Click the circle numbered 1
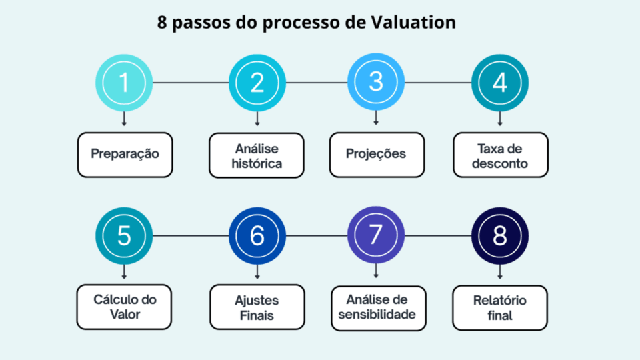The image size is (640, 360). click(124, 83)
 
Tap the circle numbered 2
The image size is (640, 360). click(257, 83)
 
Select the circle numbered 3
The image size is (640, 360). click(376, 83)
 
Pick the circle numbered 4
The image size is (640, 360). click(500, 83)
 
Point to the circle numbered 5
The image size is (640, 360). click(124, 236)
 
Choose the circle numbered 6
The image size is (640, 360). click(257, 236)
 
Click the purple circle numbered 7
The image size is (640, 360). click(376, 236)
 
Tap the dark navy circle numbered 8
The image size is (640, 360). click(500, 236)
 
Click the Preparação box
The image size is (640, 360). click(125, 154)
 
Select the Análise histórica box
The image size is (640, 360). click(257, 155)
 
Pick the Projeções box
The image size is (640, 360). click(376, 154)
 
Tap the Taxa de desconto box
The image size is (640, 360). click(501, 155)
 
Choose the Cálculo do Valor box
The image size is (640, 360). click(125, 307)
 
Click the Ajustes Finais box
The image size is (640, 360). click(257, 308)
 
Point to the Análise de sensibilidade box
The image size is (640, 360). click(377, 307)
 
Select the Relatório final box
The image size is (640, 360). click(501, 307)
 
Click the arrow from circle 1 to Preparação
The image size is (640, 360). click(124, 119)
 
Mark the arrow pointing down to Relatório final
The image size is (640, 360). click(500, 271)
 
